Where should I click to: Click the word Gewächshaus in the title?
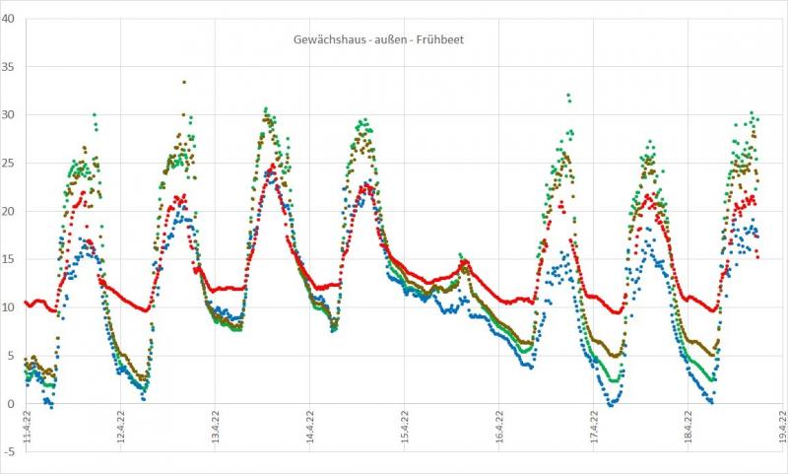314,40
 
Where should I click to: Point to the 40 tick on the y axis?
10,19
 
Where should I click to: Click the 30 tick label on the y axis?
10,115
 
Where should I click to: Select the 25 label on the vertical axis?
10,164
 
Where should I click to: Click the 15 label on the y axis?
10,259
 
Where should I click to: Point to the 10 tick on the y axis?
10,307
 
